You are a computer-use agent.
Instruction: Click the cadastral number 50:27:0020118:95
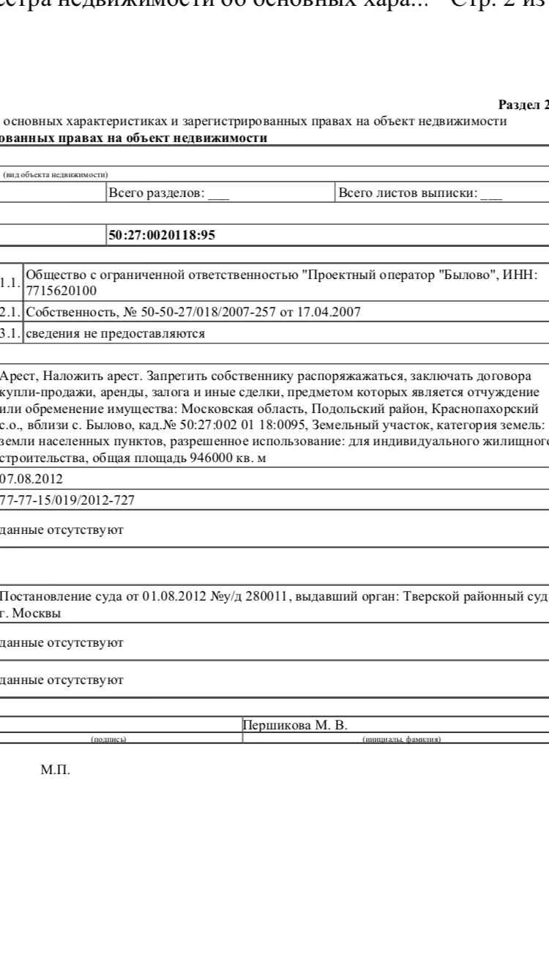tap(163, 235)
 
